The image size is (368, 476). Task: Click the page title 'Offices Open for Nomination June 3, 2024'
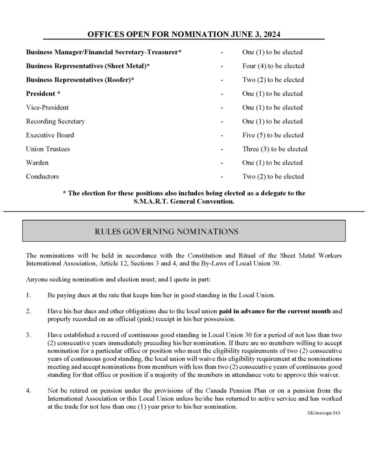pyautogui.click(x=184, y=34)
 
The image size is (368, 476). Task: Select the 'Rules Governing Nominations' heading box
pyautogui.click(x=184, y=231)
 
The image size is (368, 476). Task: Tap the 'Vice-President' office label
pyautogui.click(x=47, y=107)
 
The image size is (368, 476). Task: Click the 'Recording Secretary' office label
pyautogui.click(x=55, y=121)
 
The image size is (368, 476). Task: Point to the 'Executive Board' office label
pyautogui.click(x=50, y=135)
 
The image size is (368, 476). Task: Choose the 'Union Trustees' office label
pyautogui.click(x=48, y=149)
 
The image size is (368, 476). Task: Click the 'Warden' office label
pyautogui.click(x=37, y=163)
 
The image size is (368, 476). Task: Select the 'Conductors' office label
pyautogui.click(x=42, y=177)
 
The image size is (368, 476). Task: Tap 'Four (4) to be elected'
pyautogui.click(x=273, y=66)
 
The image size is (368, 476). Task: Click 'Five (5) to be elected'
pyautogui.click(x=273, y=135)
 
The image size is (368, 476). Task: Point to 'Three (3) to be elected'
pyautogui.click(x=274, y=149)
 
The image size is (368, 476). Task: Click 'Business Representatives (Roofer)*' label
pyautogui.click(x=80, y=80)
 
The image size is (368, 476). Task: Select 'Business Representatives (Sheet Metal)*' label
pyautogui.click(x=88, y=66)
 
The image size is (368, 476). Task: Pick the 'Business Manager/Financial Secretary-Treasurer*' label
pyautogui.click(x=104, y=52)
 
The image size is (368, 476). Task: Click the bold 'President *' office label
pyautogui.click(x=43, y=93)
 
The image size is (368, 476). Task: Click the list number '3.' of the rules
pyautogui.click(x=29, y=334)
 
